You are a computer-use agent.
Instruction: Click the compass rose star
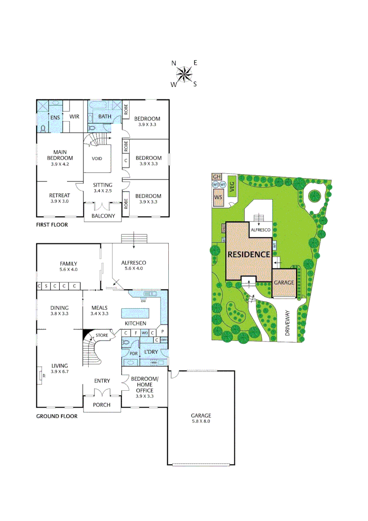click(x=184, y=74)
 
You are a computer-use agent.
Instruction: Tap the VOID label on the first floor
click(x=97, y=158)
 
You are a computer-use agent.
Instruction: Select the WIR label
click(x=74, y=116)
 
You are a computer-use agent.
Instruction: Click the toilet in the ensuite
click(x=43, y=129)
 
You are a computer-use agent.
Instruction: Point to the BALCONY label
click(x=103, y=216)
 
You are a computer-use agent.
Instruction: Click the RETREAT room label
click(x=59, y=195)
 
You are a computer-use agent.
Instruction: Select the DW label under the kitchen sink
click(x=143, y=301)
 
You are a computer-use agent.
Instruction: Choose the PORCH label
click(x=101, y=405)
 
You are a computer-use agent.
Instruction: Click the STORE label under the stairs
click(x=101, y=335)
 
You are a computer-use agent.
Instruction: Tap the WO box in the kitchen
click(x=144, y=333)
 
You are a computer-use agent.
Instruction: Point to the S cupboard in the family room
click(x=47, y=286)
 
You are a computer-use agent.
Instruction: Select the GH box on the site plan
click(x=216, y=177)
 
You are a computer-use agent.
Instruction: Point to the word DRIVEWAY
click(x=289, y=322)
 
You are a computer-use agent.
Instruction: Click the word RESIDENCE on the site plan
click(x=248, y=254)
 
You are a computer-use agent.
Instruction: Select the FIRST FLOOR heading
click(x=52, y=225)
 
